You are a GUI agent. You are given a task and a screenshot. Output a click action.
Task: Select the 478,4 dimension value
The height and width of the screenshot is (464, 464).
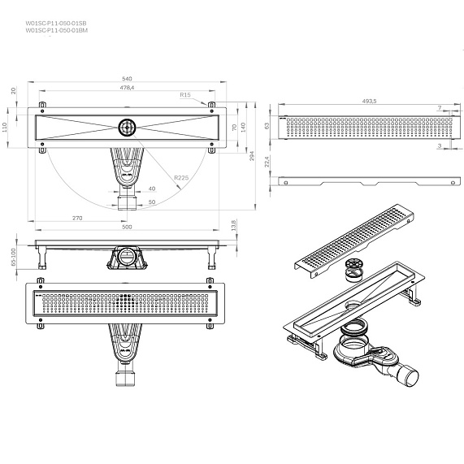tap(128, 88)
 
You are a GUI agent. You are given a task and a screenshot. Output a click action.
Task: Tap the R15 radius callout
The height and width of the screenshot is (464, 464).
tap(186, 96)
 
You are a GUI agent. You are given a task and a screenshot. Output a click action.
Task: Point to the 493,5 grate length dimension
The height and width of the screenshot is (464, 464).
tap(368, 102)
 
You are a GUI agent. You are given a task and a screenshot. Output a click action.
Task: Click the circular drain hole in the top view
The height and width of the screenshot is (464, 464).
tap(128, 127)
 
